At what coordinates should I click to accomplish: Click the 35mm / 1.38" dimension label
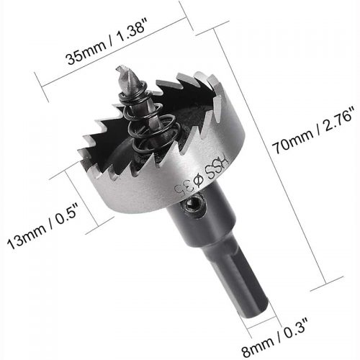tap(106, 42)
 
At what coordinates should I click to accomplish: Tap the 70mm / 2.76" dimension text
tap(315, 130)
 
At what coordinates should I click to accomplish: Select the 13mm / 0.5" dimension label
tap(42, 225)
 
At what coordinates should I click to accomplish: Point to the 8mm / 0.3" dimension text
tap(274, 338)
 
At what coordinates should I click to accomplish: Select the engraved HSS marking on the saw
tap(216, 167)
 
